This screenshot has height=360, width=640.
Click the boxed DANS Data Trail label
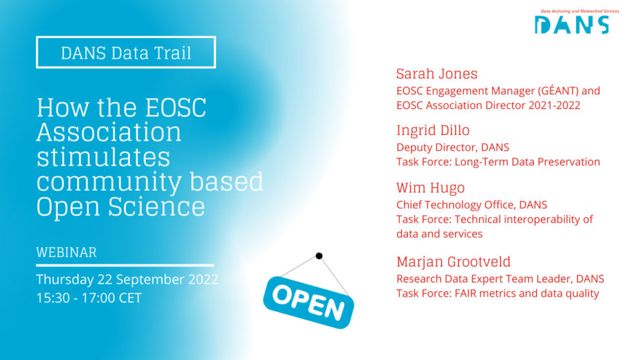[126, 52]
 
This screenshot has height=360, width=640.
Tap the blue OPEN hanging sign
[308, 299]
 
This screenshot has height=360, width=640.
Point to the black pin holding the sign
[319, 256]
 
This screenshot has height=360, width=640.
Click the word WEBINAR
[66, 251]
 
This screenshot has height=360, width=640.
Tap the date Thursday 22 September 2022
[127, 280]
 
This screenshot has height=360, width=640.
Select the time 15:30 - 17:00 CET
[89, 298]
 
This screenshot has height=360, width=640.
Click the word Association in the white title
[109, 132]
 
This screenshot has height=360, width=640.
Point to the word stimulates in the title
[103, 157]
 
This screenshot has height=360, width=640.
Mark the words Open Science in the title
[120, 206]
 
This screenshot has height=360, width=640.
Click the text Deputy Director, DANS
[453, 147]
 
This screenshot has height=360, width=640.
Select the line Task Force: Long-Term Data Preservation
[498, 162]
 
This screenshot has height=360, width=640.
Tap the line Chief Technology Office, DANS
[471, 205]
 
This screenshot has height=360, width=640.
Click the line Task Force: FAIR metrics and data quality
[497, 293]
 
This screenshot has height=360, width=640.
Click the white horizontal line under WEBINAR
[125, 265]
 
